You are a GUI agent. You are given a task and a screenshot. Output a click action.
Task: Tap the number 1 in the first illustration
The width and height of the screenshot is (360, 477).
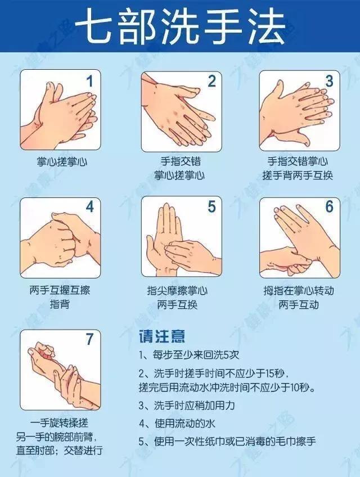(x=89, y=82)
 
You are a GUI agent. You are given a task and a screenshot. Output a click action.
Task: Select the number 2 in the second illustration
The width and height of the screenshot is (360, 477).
(x=211, y=82)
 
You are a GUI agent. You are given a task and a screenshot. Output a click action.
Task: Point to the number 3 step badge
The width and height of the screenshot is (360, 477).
(x=330, y=82)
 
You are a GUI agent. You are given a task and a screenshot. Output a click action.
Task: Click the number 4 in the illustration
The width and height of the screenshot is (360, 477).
(x=89, y=207)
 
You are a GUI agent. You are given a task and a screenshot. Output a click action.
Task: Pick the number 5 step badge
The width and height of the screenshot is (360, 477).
(x=211, y=207)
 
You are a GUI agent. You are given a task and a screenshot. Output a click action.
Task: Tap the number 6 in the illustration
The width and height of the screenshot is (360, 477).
(x=330, y=207)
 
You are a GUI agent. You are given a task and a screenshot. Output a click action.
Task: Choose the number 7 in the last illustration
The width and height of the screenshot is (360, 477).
(x=89, y=339)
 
